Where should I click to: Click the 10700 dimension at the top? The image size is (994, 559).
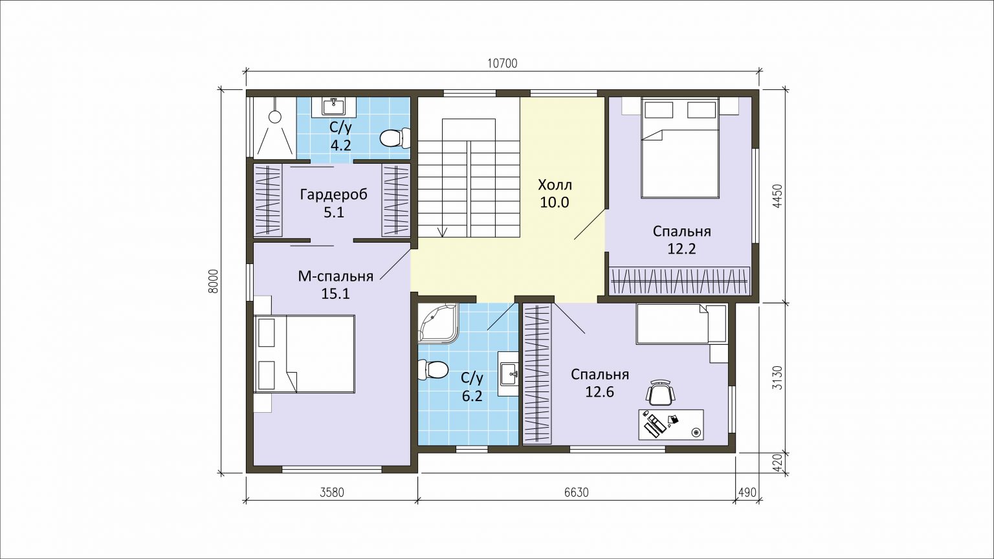click(502, 64)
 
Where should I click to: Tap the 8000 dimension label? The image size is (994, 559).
click(214, 281)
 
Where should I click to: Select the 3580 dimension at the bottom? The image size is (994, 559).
click(332, 492)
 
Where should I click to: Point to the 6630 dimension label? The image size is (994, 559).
click(577, 492)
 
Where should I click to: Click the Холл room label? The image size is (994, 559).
click(555, 184)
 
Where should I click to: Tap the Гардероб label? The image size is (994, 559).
click(334, 195)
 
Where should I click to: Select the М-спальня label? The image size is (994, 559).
click(335, 276)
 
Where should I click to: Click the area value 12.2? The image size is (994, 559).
click(681, 249)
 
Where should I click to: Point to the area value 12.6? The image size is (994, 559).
click(599, 392)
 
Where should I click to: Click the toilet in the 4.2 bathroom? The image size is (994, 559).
click(395, 138)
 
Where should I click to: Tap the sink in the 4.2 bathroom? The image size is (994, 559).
click(333, 107)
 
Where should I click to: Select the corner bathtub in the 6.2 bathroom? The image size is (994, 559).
click(437, 323)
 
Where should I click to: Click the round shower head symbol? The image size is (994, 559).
click(275, 117)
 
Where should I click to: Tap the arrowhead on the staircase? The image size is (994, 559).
click(442, 232)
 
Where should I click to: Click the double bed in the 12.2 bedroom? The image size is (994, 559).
click(679, 148)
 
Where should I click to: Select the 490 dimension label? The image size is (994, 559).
click(747, 492)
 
